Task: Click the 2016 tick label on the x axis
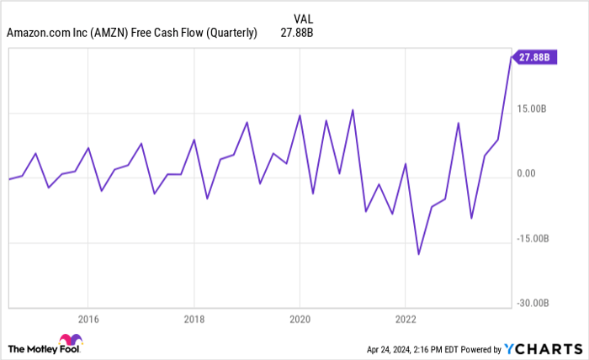(x=88, y=319)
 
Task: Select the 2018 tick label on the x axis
(x=194, y=319)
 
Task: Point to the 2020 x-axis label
(x=300, y=319)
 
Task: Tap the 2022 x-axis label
(x=406, y=319)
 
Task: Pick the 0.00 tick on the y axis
(x=527, y=173)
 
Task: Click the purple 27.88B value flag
(x=535, y=57)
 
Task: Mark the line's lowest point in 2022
(x=418, y=254)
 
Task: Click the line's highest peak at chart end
(x=511, y=57)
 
